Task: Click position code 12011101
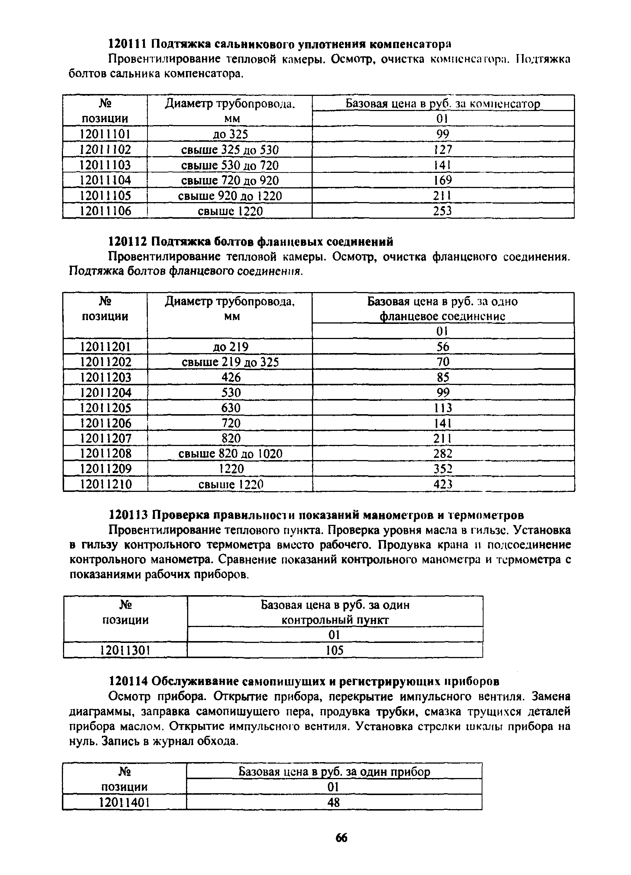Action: (x=105, y=134)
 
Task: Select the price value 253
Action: (x=442, y=211)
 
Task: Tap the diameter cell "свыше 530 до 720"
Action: (x=230, y=165)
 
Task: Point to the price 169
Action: (x=442, y=180)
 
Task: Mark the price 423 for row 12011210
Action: (x=442, y=484)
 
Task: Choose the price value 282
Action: (x=442, y=453)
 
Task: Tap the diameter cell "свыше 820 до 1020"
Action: (x=230, y=453)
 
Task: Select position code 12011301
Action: (x=125, y=651)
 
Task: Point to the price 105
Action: (x=335, y=651)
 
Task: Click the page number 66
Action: (x=341, y=838)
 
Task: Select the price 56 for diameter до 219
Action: (x=442, y=346)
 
